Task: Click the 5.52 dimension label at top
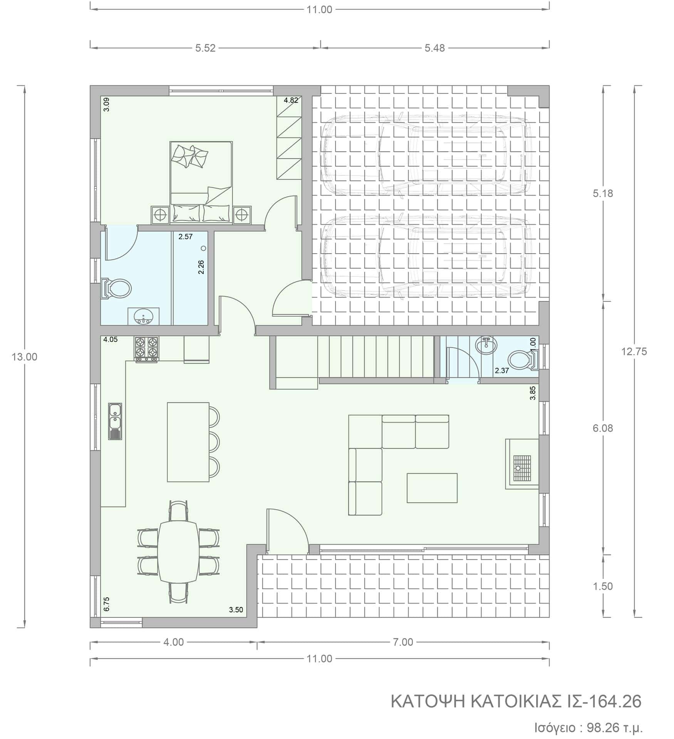pyautogui.click(x=205, y=48)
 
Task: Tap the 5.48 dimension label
pyautogui.click(x=434, y=48)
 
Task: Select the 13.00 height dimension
pyautogui.click(x=24, y=357)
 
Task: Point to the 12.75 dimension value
pyautogui.click(x=634, y=351)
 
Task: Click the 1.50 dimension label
pyautogui.click(x=603, y=586)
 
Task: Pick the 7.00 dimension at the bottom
pyautogui.click(x=402, y=642)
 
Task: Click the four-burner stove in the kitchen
pyautogui.click(x=146, y=349)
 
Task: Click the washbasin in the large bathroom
pyautogui.click(x=143, y=316)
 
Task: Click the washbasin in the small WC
pyautogui.click(x=486, y=343)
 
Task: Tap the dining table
pyautogui.click(x=178, y=551)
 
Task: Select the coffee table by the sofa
pyautogui.click(x=432, y=488)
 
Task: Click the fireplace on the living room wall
pyautogui.click(x=522, y=464)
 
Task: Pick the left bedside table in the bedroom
pyautogui.click(x=160, y=215)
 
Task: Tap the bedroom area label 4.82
pyautogui.click(x=291, y=100)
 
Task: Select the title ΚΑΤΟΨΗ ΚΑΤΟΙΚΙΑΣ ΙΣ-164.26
pyautogui.click(x=516, y=702)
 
